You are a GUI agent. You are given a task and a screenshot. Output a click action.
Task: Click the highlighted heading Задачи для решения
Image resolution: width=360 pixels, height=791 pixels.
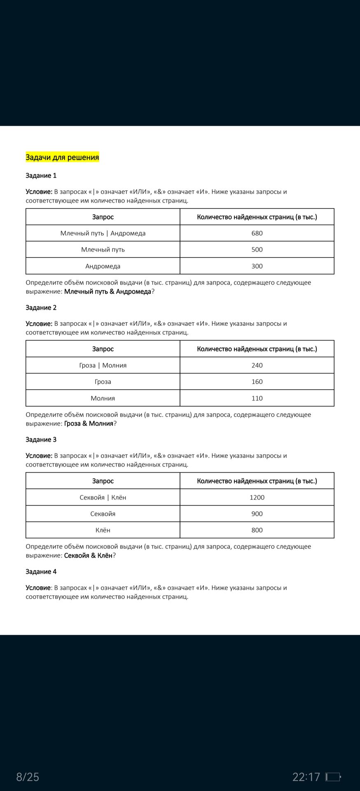[x=62, y=157]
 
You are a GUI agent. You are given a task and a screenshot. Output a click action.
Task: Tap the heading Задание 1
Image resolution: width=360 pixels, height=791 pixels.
[x=41, y=176]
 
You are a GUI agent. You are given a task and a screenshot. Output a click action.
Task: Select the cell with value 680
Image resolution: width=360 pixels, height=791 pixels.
[x=257, y=233]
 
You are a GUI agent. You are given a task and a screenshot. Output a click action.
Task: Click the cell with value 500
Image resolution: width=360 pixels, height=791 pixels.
[x=257, y=250]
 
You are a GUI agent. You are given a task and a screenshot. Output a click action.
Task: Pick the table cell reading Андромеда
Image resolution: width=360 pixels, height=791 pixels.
[x=103, y=266]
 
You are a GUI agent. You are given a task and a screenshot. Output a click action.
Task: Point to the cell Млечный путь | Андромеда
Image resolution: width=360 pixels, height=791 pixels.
[x=103, y=233]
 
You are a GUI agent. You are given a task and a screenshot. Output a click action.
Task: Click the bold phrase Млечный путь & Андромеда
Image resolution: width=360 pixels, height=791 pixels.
[x=108, y=292]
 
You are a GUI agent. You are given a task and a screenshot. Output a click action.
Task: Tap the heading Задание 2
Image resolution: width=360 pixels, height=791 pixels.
[x=41, y=308]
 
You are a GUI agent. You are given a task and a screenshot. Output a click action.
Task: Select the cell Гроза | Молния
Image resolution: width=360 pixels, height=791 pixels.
[x=103, y=365]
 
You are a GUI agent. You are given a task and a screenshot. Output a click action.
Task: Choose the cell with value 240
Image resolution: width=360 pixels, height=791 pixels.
[x=257, y=365]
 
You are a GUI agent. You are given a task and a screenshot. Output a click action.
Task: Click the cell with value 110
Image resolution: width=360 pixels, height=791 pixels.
[x=257, y=398]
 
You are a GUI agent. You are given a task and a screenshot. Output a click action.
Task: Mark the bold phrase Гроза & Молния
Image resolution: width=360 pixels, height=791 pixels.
[x=89, y=424]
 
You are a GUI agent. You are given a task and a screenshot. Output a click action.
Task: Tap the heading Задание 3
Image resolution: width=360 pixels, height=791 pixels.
[x=41, y=440]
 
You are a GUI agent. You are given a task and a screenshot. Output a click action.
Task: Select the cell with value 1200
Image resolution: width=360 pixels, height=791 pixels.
[x=257, y=497]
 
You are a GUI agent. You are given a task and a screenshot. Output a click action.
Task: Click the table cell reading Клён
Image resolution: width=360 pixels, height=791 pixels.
[x=103, y=530]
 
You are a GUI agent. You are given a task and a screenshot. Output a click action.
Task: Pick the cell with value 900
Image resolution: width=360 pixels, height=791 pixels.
[x=257, y=514]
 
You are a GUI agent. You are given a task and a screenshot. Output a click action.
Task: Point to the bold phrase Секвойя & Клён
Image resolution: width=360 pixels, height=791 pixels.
[x=88, y=555]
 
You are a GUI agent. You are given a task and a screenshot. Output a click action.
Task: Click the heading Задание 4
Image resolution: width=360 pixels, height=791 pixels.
[x=41, y=572]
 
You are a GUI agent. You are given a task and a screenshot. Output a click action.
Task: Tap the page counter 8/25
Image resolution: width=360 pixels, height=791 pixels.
[x=28, y=777]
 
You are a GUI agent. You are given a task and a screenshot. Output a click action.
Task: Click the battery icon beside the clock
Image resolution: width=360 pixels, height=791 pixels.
[x=333, y=777]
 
